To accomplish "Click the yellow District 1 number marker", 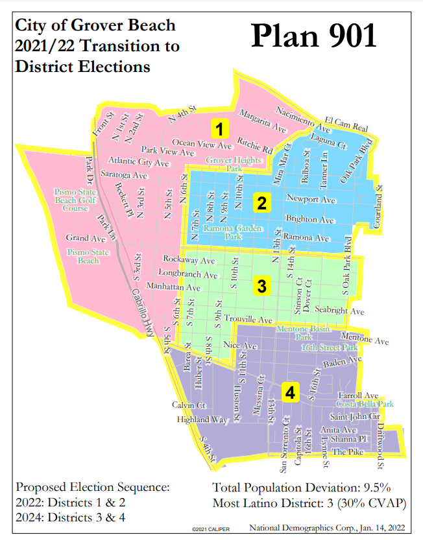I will [x=220, y=127].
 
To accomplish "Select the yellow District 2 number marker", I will [x=261, y=204].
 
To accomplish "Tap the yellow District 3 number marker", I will [x=261, y=286].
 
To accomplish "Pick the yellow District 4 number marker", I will [x=290, y=392].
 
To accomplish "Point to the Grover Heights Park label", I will [x=224, y=164].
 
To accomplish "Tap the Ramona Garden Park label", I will [x=223, y=232].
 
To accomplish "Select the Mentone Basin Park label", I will [x=303, y=333].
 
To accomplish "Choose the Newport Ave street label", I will [x=310, y=198].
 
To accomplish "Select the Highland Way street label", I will [x=203, y=420].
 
